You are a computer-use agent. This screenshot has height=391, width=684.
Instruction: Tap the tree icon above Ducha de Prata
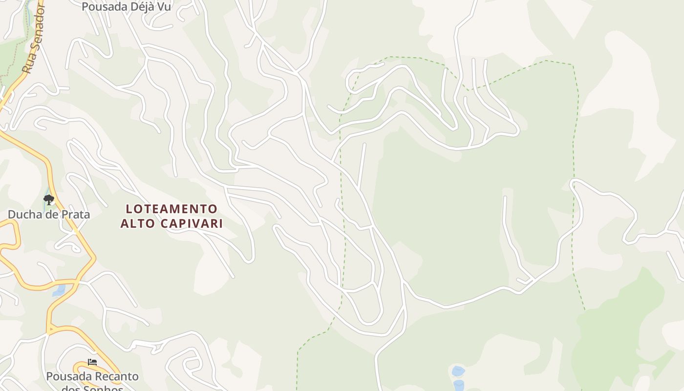pos(48,199)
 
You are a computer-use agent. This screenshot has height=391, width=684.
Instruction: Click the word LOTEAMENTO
pos(171,209)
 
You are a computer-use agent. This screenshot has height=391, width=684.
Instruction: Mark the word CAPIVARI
pos(192,223)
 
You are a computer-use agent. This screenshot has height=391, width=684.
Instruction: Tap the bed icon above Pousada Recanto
pos(92,362)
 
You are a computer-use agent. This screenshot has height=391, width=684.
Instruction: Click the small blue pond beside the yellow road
pos(59,290)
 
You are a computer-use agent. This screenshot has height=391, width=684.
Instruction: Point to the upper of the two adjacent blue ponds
pos(458,371)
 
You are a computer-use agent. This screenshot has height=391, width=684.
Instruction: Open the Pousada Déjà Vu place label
pos(126,7)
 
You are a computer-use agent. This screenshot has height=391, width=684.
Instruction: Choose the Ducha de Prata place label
pos(48,214)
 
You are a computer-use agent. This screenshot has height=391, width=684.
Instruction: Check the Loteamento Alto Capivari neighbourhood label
pos(171,216)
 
